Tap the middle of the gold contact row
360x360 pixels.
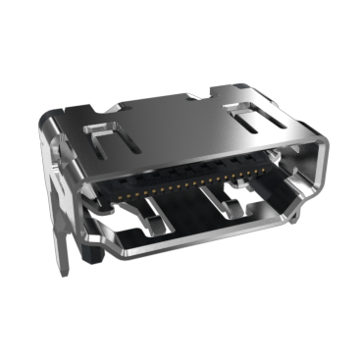click(x=181, y=180)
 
